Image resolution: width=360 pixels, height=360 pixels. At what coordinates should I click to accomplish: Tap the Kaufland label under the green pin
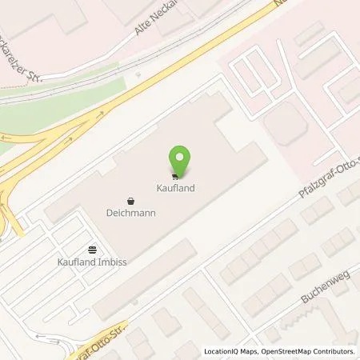(x=175, y=189)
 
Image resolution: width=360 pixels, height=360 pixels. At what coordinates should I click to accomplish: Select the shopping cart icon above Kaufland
(x=175, y=176)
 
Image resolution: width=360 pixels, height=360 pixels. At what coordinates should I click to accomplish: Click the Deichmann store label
(x=130, y=213)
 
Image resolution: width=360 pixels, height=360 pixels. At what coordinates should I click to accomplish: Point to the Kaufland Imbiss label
(x=92, y=262)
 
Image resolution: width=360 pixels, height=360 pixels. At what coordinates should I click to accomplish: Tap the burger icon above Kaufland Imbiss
(x=92, y=250)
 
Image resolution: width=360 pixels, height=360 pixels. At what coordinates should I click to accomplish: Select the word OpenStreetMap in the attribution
(x=290, y=351)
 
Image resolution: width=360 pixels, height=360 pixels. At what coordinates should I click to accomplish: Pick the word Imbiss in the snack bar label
(x=113, y=262)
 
